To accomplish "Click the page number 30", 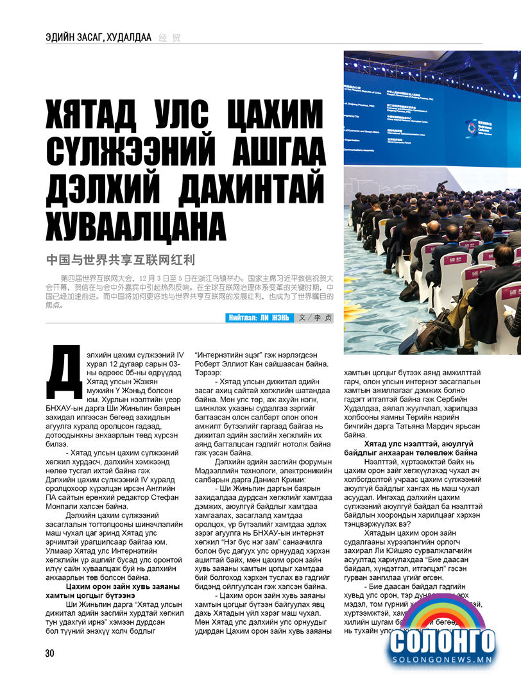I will [49, 653].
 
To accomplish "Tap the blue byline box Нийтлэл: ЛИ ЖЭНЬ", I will [259, 318].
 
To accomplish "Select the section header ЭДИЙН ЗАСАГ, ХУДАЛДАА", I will [98, 37].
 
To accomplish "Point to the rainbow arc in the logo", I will [443, 613].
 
